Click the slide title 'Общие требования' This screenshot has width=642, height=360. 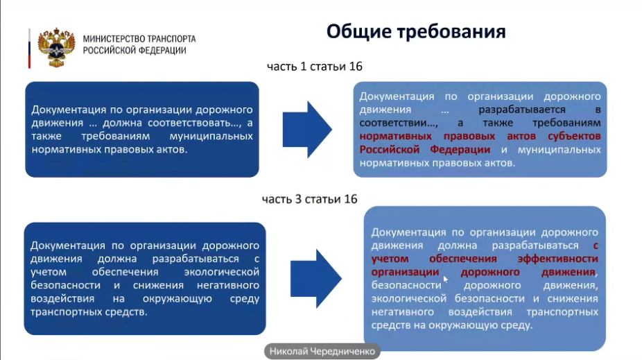416,31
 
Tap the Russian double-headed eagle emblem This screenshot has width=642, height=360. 56,47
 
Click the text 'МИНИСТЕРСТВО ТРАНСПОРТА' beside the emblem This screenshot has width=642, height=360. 139,39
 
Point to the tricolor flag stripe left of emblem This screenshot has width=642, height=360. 30,48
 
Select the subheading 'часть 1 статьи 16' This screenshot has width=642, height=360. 315,67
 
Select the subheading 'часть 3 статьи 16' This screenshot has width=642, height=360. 309,199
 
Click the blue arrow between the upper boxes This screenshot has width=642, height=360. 307,130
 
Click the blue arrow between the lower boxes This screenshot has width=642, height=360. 316,279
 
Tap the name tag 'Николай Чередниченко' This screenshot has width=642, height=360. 322,352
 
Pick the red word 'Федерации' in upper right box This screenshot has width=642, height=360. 460,150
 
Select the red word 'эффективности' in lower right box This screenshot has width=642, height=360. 557,259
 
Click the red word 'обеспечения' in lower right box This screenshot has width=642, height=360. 462,259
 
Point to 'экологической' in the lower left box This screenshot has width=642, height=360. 221,272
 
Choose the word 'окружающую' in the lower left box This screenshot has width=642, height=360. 177,298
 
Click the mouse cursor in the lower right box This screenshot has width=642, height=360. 446,279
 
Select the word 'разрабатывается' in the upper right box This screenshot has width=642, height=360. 522,110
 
